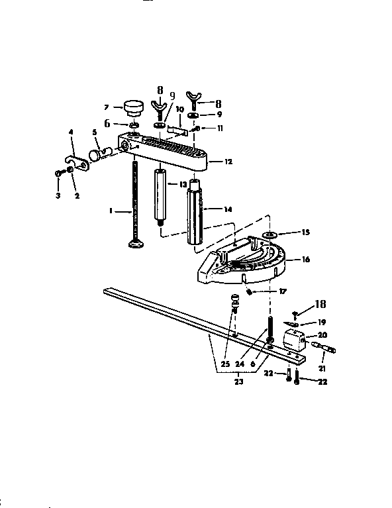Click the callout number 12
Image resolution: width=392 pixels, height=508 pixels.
point(228,162)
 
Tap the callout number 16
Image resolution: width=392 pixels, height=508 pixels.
point(306,259)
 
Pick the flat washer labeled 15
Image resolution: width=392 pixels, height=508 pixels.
point(270,234)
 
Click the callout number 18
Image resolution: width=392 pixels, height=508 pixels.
point(320,304)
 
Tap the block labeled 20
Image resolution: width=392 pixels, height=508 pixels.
point(294,340)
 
